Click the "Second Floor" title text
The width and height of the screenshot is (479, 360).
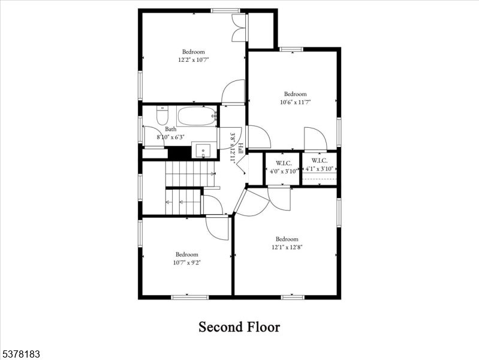(239, 327)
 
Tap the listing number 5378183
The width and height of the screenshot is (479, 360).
(20, 355)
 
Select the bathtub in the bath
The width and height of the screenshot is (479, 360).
(196, 116)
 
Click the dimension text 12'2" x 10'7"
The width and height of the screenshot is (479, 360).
(193, 60)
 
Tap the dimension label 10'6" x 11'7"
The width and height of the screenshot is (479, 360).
(295, 102)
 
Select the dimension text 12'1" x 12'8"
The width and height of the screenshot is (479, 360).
(287, 247)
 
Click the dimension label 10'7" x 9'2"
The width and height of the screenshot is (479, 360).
(186, 262)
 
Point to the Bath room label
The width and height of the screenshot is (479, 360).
(171, 129)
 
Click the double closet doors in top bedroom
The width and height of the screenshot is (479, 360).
(239, 28)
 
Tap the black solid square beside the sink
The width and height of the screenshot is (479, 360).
(179, 153)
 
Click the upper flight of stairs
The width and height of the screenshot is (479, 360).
(190, 174)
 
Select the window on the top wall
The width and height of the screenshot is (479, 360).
(225, 10)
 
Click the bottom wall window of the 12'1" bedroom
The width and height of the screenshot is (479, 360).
(293, 296)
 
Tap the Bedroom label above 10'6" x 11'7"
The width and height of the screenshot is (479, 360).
(295, 94)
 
